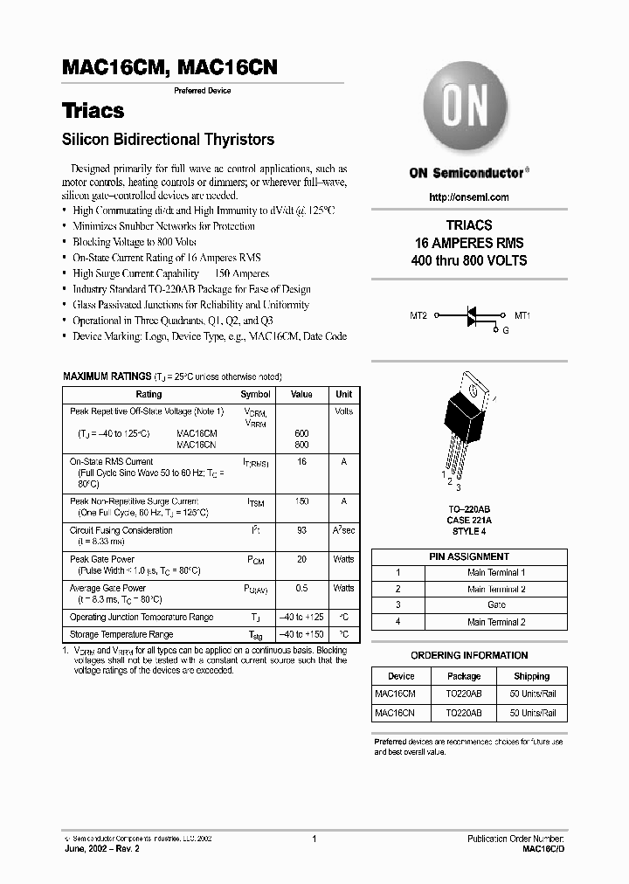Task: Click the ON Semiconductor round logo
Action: pyautogui.click(x=469, y=109)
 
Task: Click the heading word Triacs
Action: pyautogui.click(x=93, y=111)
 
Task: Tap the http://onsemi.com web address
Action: pyautogui.click(x=469, y=197)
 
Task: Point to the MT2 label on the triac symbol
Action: pyautogui.click(x=419, y=315)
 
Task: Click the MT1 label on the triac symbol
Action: pyautogui.click(x=522, y=315)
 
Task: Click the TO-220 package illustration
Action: pyautogui.click(x=468, y=419)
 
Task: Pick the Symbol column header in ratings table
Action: pyautogui.click(x=255, y=395)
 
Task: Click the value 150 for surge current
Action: pyautogui.click(x=301, y=501)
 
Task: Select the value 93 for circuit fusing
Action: pyautogui.click(x=301, y=530)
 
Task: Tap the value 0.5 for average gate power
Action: pyautogui.click(x=301, y=588)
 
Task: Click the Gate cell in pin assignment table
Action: pyautogui.click(x=495, y=604)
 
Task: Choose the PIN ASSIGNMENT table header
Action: pyautogui.click(x=469, y=556)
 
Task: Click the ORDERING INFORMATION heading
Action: pyautogui.click(x=469, y=655)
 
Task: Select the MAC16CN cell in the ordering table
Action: pyautogui.click(x=395, y=713)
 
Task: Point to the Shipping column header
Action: pyautogui.click(x=532, y=676)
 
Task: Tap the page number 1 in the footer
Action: pyautogui.click(x=314, y=839)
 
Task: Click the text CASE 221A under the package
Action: pyautogui.click(x=469, y=521)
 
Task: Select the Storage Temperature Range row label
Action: pyautogui.click(x=121, y=634)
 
